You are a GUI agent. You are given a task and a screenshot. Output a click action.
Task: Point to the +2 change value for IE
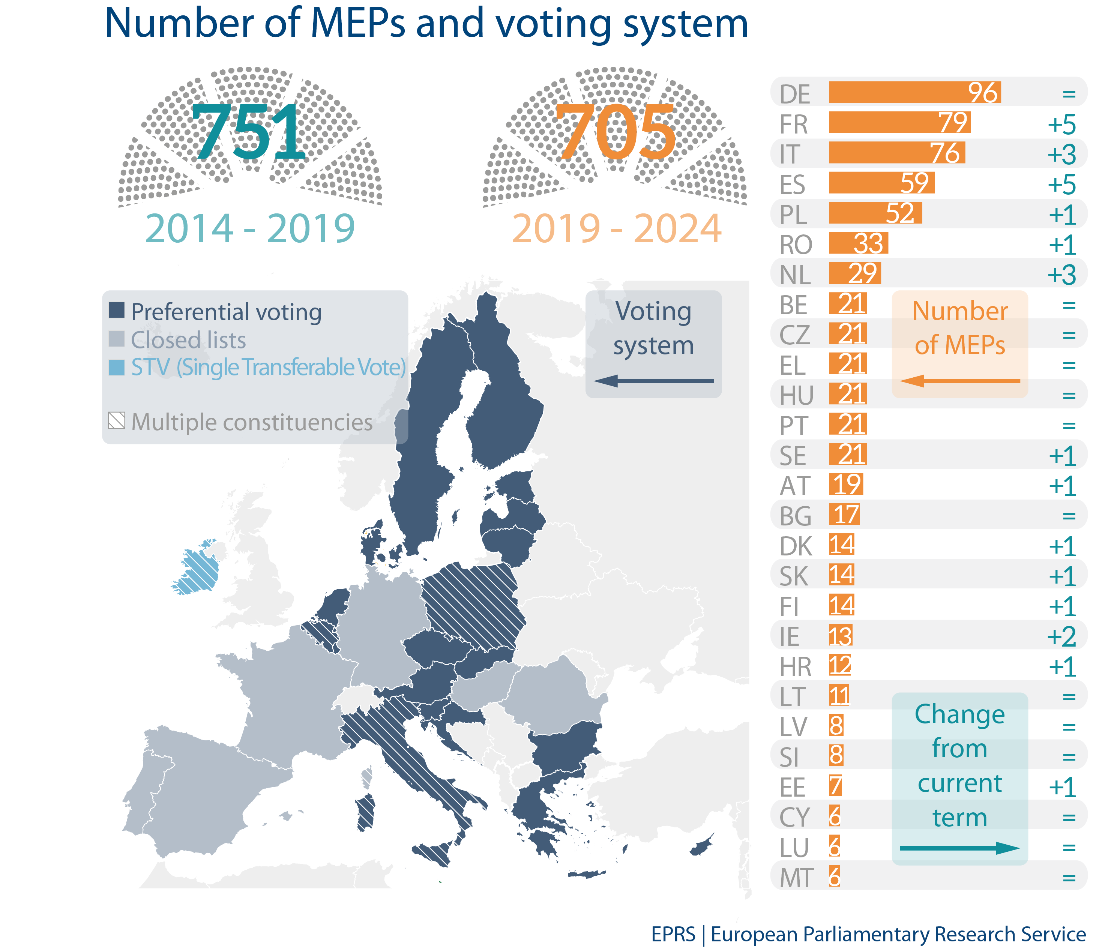(x=1061, y=636)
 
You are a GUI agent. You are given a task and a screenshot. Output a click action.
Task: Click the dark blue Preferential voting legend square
(x=117, y=310)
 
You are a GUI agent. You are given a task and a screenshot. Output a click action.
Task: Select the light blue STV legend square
(x=117, y=367)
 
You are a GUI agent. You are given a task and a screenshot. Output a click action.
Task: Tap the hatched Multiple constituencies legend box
(x=117, y=421)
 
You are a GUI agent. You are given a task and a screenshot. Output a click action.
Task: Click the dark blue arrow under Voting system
(x=653, y=381)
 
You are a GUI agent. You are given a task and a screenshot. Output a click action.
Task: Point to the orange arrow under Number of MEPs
(x=959, y=381)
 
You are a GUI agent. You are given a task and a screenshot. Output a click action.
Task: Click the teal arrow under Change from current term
(x=959, y=848)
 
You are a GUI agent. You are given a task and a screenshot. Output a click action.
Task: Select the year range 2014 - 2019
(x=250, y=228)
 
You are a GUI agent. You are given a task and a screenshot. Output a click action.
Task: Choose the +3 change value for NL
(x=1061, y=275)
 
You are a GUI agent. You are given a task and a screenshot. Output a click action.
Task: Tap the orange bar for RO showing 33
(x=858, y=243)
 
